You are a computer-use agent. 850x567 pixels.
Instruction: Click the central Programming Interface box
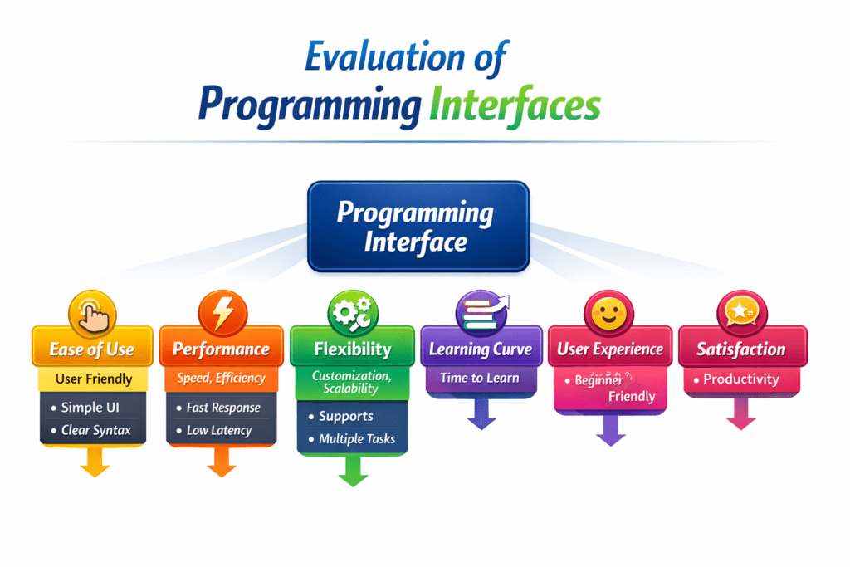418,227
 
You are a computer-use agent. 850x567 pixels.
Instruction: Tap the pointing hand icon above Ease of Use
93,315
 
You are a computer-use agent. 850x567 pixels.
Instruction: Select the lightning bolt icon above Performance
222,314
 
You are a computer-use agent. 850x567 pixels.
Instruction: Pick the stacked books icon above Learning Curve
482,312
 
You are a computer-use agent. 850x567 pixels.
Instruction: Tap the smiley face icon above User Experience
608,314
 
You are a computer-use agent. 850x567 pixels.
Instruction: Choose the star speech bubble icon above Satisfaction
741,313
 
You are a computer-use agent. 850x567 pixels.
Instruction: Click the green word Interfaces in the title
515,105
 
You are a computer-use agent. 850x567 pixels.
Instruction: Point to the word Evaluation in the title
385,56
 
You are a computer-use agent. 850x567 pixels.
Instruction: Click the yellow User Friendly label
93,379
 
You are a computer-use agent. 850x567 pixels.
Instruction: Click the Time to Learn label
480,378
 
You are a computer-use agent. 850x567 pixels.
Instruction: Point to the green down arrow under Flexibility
353,471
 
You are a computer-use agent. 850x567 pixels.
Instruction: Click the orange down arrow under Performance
222,462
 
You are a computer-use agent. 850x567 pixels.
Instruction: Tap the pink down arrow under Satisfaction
741,413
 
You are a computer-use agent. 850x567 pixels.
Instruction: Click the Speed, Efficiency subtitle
221,378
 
